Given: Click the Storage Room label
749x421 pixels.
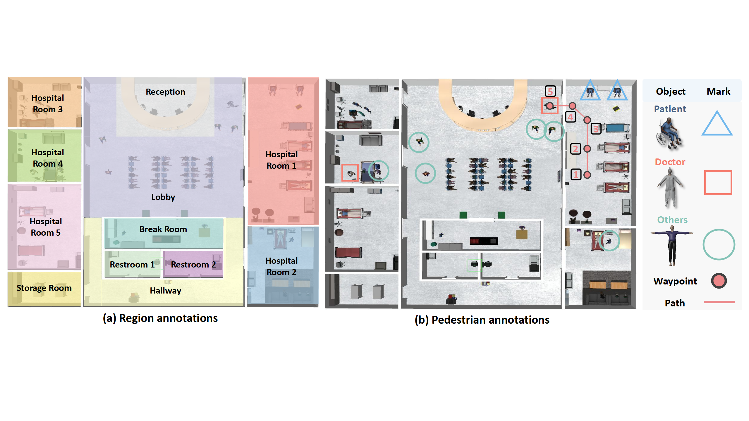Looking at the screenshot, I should pyautogui.click(x=44, y=288).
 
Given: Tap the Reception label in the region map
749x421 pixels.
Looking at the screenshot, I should pyautogui.click(x=165, y=92).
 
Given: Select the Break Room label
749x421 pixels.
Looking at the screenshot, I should pyautogui.click(x=163, y=229).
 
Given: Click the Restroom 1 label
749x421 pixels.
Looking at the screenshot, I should pyautogui.click(x=132, y=265).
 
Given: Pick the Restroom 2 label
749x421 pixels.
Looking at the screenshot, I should pyautogui.click(x=193, y=265).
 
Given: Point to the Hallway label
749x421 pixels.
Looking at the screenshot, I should pyautogui.click(x=165, y=291).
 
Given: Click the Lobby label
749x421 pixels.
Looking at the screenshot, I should pyautogui.click(x=163, y=197).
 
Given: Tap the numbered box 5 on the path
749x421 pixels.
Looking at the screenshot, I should pyautogui.click(x=550, y=92).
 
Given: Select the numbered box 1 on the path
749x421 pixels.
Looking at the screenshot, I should pyautogui.click(x=576, y=175).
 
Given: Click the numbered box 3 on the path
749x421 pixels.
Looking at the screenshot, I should pyautogui.click(x=596, y=129).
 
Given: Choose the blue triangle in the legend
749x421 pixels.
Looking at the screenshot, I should pyautogui.click(x=717, y=124).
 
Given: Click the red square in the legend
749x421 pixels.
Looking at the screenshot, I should pyautogui.click(x=718, y=183).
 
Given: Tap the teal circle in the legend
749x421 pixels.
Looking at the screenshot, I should pyautogui.click(x=719, y=244).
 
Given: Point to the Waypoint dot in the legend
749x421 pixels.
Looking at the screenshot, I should pyautogui.click(x=719, y=281).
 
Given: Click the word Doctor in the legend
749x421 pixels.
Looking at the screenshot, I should pyautogui.click(x=670, y=162).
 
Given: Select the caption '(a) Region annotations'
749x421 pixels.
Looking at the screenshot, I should pyautogui.click(x=160, y=318).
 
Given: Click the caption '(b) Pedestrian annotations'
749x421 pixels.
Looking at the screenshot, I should pyautogui.click(x=482, y=320).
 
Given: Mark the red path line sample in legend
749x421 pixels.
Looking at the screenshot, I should pyautogui.click(x=719, y=302).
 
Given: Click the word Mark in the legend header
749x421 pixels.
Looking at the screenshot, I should pyautogui.click(x=718, y=92).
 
